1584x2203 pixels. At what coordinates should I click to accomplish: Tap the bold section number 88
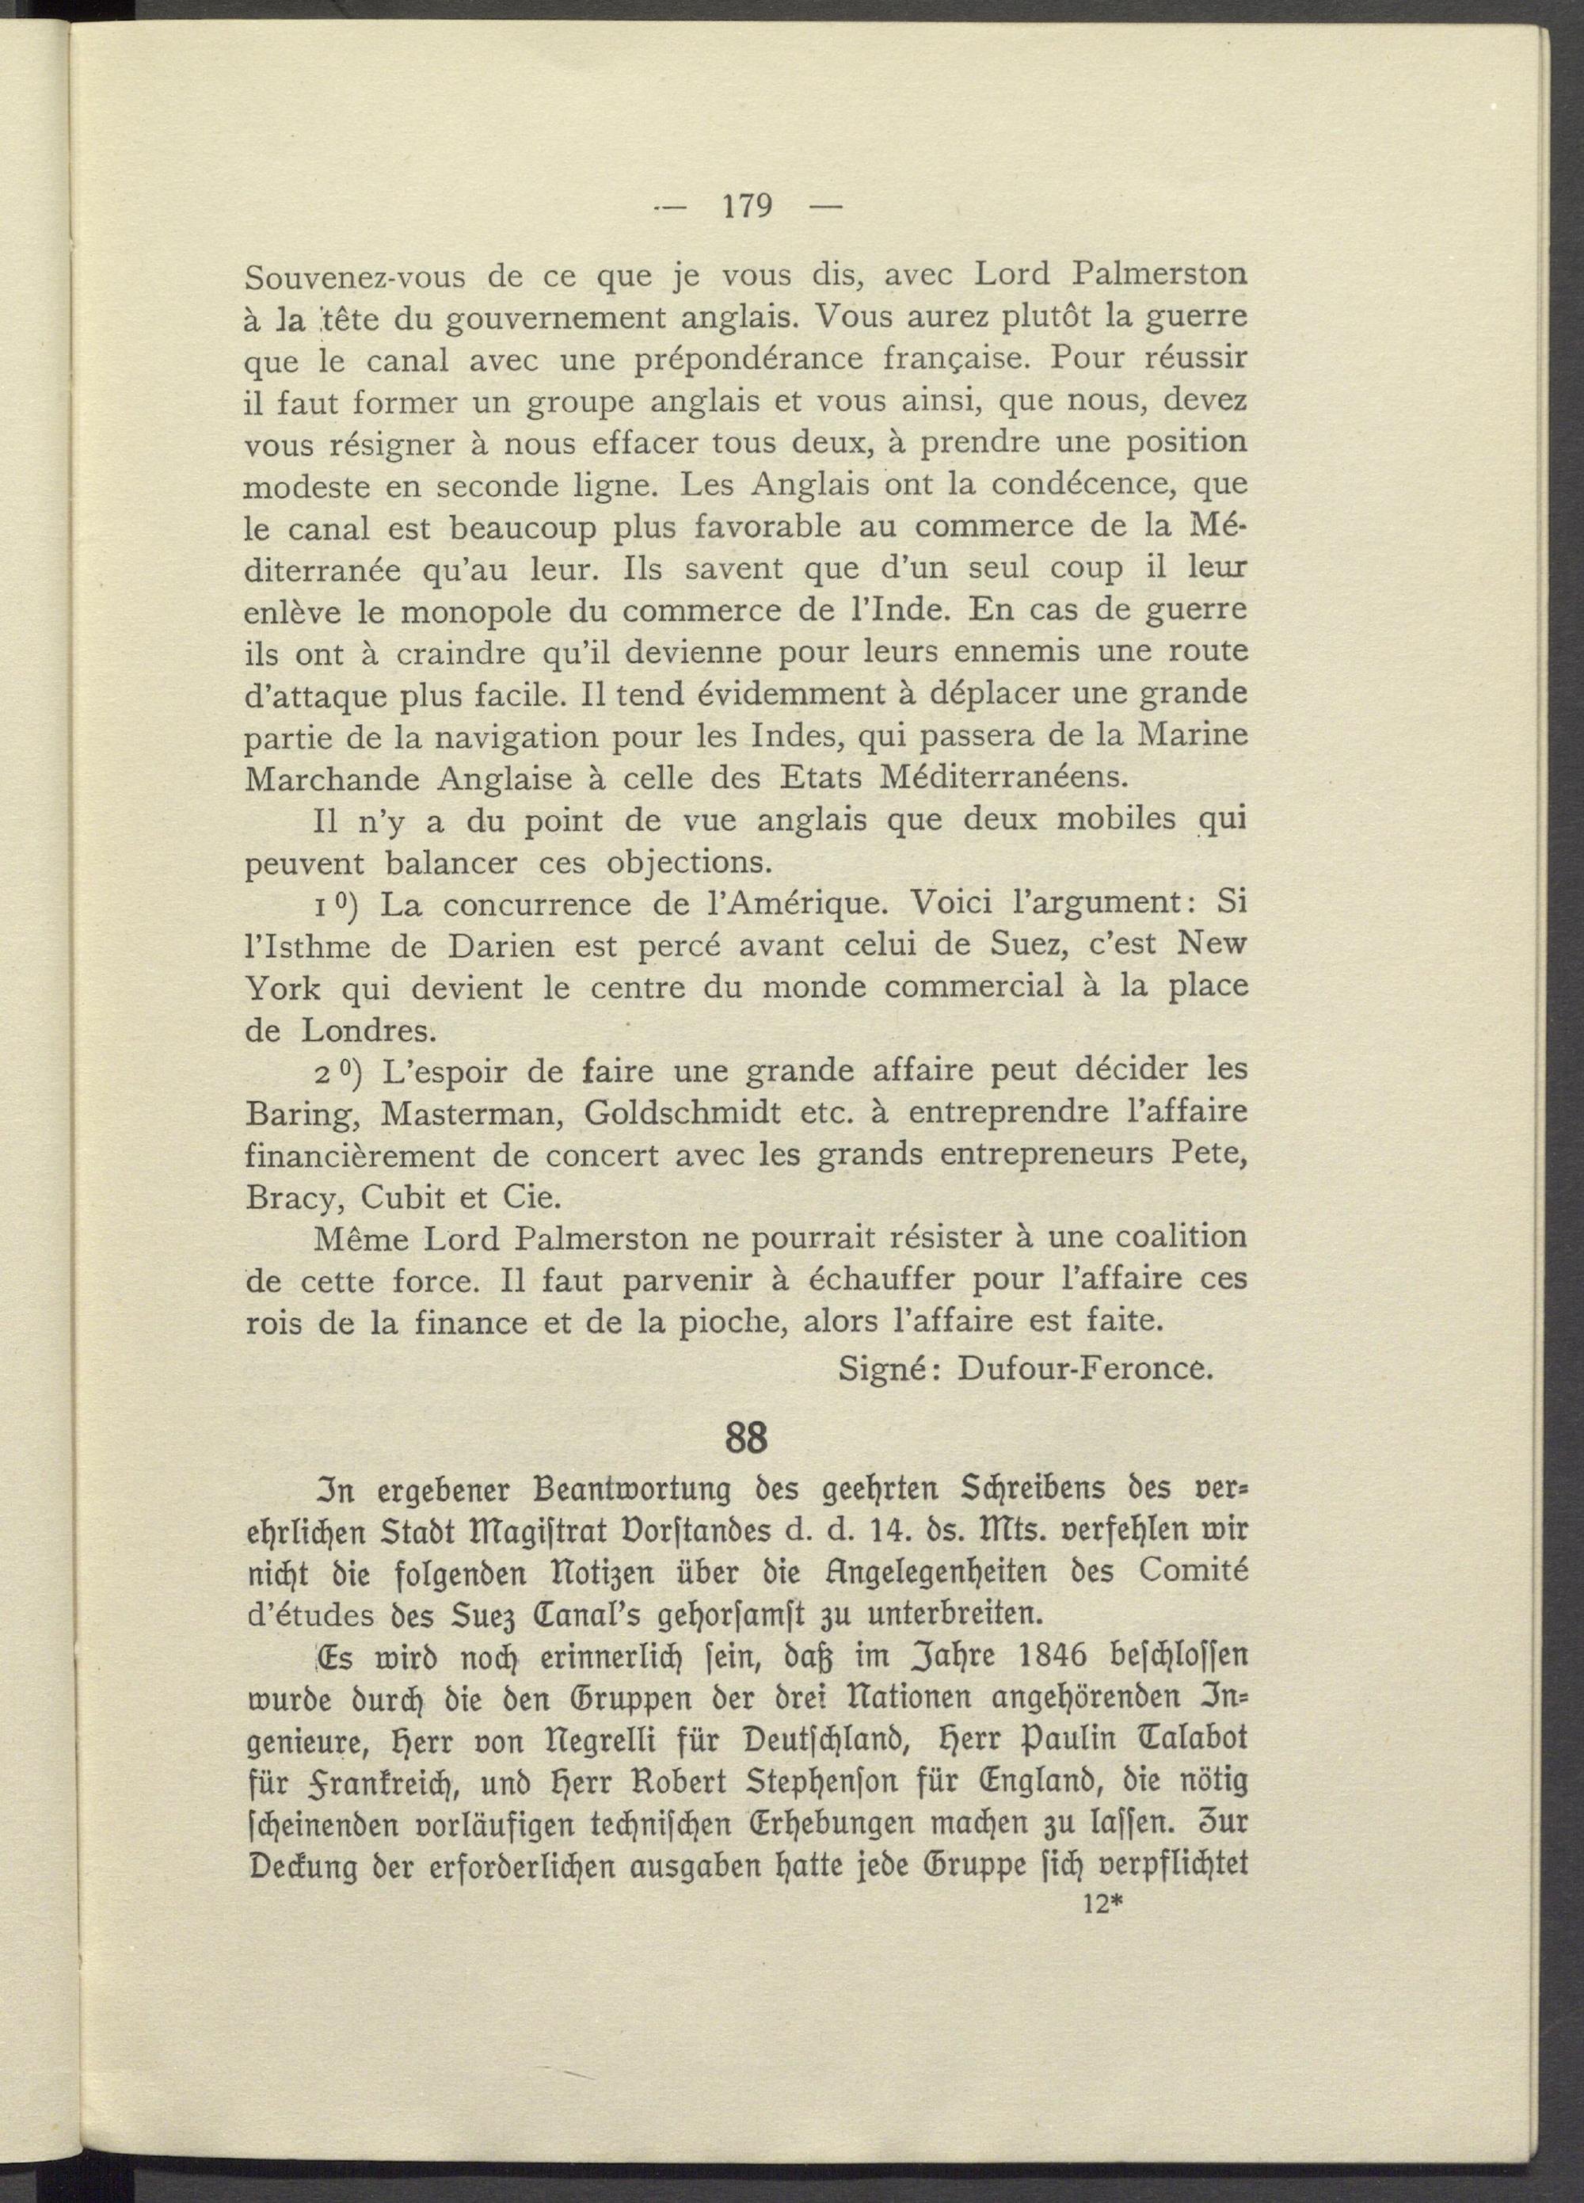(x=746, y=1438)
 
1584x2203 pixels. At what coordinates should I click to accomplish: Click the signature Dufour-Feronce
(x=1085, y=1369)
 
